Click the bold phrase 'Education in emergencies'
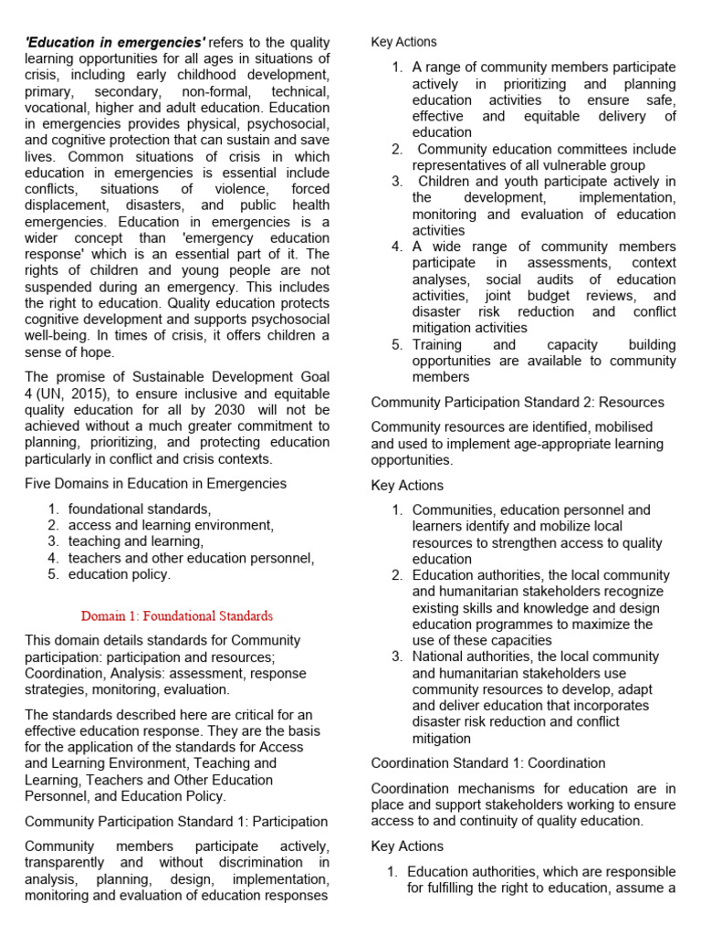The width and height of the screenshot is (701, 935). coord(115,42)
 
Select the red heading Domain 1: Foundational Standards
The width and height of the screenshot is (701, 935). coord(177,615)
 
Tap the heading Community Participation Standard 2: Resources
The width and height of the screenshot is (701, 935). coord(518,403)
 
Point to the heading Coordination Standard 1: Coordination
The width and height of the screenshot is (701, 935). coord(488,762)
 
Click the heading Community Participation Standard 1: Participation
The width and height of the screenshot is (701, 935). coord(176,822)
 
